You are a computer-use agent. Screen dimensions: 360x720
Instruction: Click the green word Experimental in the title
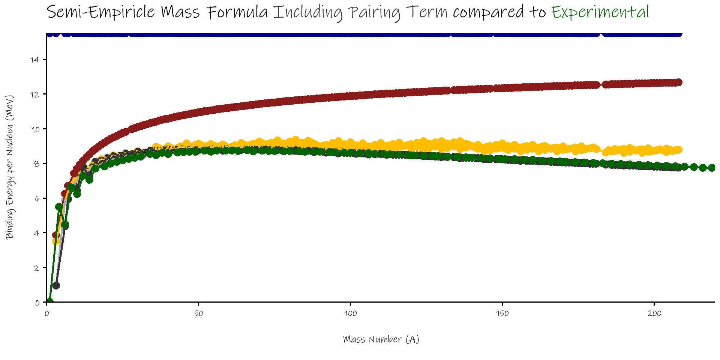click(x=600, y=12)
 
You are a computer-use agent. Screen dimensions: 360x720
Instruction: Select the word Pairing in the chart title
click(x=374, y=13)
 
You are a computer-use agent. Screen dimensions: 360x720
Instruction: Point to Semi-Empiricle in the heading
click(x=101, y=12)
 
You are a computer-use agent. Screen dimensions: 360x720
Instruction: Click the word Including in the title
click(x=307, y=13)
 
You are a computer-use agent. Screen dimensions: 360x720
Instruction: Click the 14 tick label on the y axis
click(x=35, y=60)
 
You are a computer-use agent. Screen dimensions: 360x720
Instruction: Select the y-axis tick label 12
click(x=35, y=94)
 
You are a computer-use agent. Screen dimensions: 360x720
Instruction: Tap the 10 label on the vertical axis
click(x=35, y=129)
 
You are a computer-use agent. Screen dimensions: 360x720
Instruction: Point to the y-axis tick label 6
click(x=37, y=198)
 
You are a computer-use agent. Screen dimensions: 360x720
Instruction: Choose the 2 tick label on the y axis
click(x=37, y=268)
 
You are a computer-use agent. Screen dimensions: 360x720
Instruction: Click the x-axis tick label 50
click(x=199, y=313)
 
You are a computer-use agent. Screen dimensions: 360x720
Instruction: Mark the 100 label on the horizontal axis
click(x=351, y=313)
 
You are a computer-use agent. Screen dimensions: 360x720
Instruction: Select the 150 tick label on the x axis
click(x=502, y=313)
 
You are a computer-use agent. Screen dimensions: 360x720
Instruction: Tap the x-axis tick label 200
click(x=654, y=313)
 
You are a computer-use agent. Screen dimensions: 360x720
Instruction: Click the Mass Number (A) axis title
click(x=381, y=339)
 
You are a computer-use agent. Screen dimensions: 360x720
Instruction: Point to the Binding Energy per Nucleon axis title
click(x=10, y=167)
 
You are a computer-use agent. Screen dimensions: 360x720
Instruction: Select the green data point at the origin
click(x=49, y=302)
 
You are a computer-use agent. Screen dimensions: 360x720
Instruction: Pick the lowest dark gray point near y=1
click(x=56, y=285)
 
